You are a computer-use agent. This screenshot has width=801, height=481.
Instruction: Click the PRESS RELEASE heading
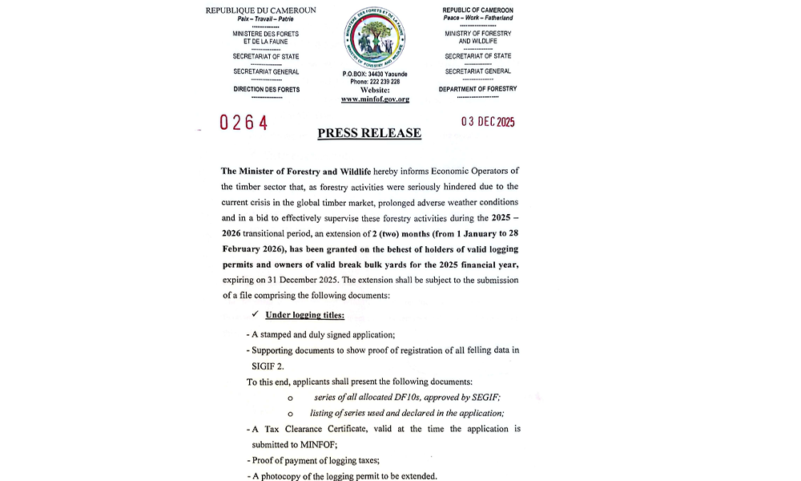pyautogui.click(x=369, y=133)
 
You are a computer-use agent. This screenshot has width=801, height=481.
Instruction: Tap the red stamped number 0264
pyautogui.click(x=244, y=123)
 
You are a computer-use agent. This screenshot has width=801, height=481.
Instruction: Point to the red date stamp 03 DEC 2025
pyautogui.click(x=488, y=123)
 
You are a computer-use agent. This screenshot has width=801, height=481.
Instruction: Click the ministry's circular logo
pyautogui.click(x=374, y=38)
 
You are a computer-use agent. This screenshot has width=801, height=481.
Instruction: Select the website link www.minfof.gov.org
pyautogui.click(x=375, y=99)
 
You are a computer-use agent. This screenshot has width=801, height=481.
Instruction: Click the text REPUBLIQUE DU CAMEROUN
pyautogui.click(x=260, y=10)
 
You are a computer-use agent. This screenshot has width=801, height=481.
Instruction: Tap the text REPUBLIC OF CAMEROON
pyautogui.click(x=478, y=10)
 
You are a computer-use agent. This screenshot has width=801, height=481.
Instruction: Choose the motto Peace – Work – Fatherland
pyautogui.click(x=478, y=18)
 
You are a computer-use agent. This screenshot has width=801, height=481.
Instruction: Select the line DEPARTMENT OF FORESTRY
pyautogui.click(x=477, y=89)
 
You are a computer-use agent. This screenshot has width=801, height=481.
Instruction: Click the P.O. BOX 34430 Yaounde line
pyautogui.click(x=375, y=74)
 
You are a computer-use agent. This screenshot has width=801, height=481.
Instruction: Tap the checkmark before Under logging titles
pyautogui.click(x=256, y=315)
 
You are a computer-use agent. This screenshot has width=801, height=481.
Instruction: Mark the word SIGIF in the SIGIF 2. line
pyautogui.click(x=260, y=366)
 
